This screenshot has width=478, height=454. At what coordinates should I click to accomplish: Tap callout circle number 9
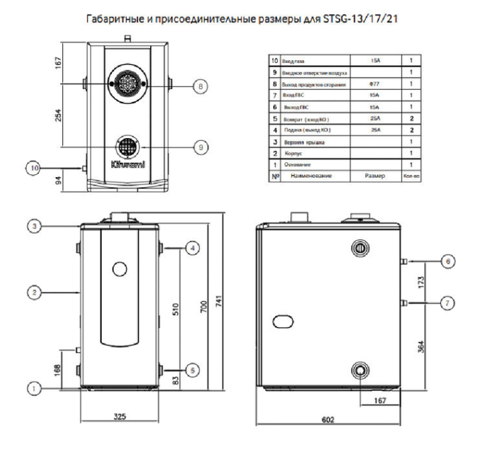click(x=199, y=145)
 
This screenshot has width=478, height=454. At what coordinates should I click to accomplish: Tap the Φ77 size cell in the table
click(x=375, y=84)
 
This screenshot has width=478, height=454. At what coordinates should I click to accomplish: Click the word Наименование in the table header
click(x=311, y=176)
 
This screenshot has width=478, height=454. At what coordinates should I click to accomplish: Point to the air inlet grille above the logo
click(x=126, y=146)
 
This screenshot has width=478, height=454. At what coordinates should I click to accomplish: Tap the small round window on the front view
click(x=119, y=268)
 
